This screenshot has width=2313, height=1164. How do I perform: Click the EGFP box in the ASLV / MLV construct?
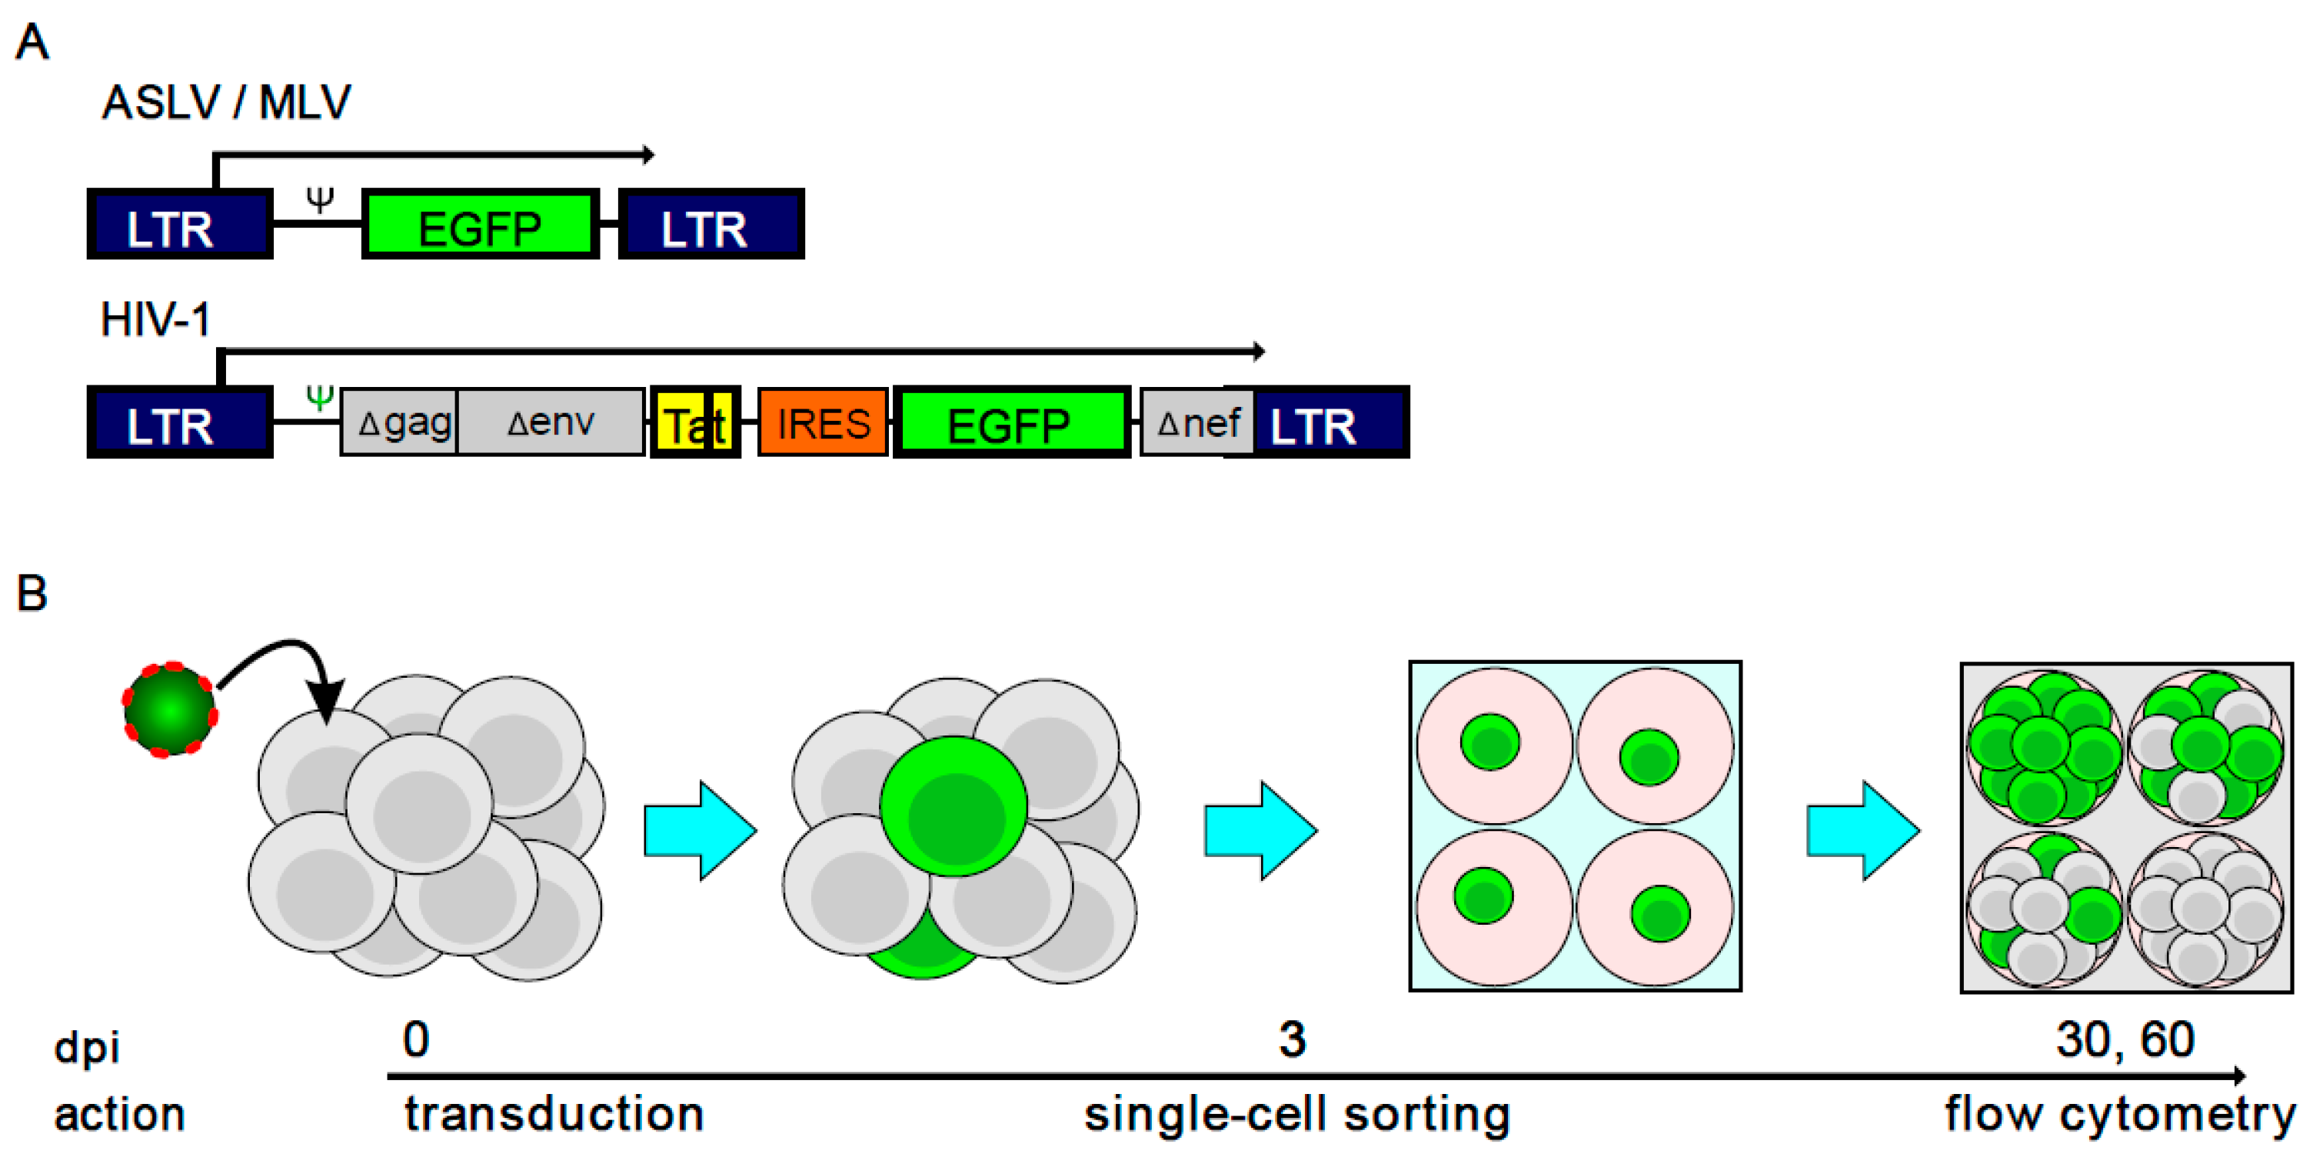click(x=480, y=225)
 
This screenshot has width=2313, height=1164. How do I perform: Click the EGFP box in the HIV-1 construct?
click(x=1010, y=423)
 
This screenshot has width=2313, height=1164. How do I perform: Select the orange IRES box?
click(x=823, y=423)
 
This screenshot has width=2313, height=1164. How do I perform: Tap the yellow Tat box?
click(x=694, y=423)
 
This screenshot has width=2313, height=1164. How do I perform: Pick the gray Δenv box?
click(x=551, y=422)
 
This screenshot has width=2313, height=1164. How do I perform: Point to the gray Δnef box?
click(x=1195, y=422)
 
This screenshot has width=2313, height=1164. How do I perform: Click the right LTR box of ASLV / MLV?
click(x=711, y=225)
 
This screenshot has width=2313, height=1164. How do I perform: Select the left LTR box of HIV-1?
click(x=180, y=423)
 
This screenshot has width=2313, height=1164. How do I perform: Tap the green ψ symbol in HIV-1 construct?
click(x=320, y=396)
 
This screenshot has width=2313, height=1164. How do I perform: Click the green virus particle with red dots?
click(x=170, y=709)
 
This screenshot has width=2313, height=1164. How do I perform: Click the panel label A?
click(x=32, y=42)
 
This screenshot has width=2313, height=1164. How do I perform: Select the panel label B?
click(x=32, y=593)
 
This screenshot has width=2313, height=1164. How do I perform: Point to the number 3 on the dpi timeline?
click(x=1291, y=1040)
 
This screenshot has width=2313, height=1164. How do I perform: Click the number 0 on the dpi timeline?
click(x=416, y=1040)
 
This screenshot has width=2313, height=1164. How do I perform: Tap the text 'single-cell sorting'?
click(x=1296, y=1115)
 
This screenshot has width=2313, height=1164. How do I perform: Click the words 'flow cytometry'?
click(x=2119, y=1115)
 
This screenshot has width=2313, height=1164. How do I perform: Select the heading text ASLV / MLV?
click(x=226, y=102)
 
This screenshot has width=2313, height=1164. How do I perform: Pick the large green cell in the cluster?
click(x=953, y=805)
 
